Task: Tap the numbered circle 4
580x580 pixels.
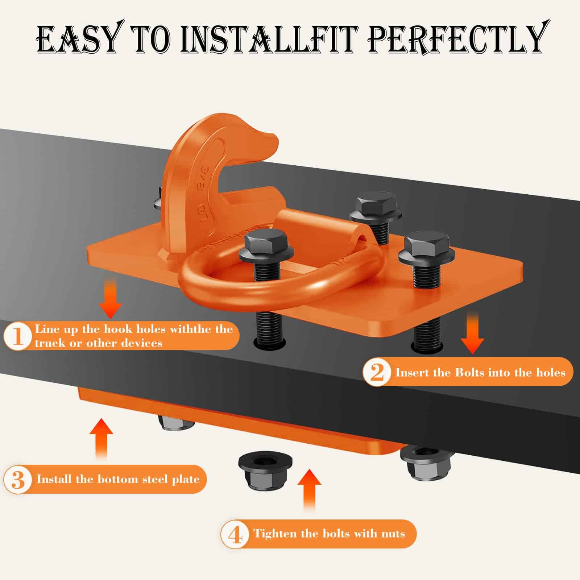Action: click(236, 534)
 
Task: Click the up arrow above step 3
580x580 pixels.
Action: click(101, 439)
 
